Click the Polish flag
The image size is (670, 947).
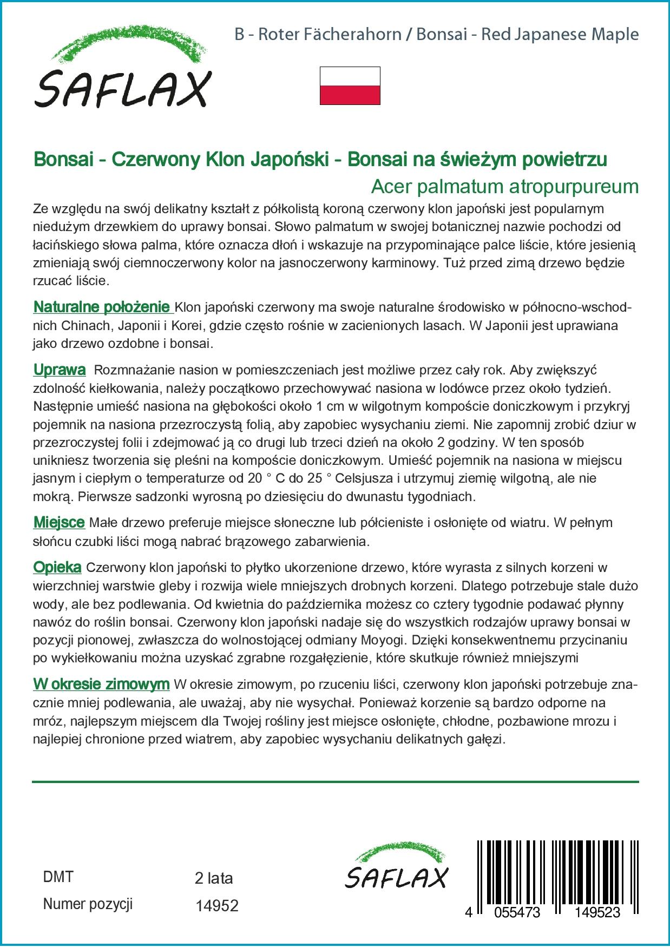pos(350,86)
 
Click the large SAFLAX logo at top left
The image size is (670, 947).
pos(122,71)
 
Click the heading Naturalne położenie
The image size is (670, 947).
pos(102,307)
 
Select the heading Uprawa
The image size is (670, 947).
pos(60,370)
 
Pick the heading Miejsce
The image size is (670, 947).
pos(59,523)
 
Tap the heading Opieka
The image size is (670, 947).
pos(57,568)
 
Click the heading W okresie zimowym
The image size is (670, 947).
pos(101,685)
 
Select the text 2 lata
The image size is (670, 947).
pos(213,878)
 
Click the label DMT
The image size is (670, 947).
pos(58,877)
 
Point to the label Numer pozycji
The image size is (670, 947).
pos(88,904)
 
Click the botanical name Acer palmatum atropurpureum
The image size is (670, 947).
pos(504,187)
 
